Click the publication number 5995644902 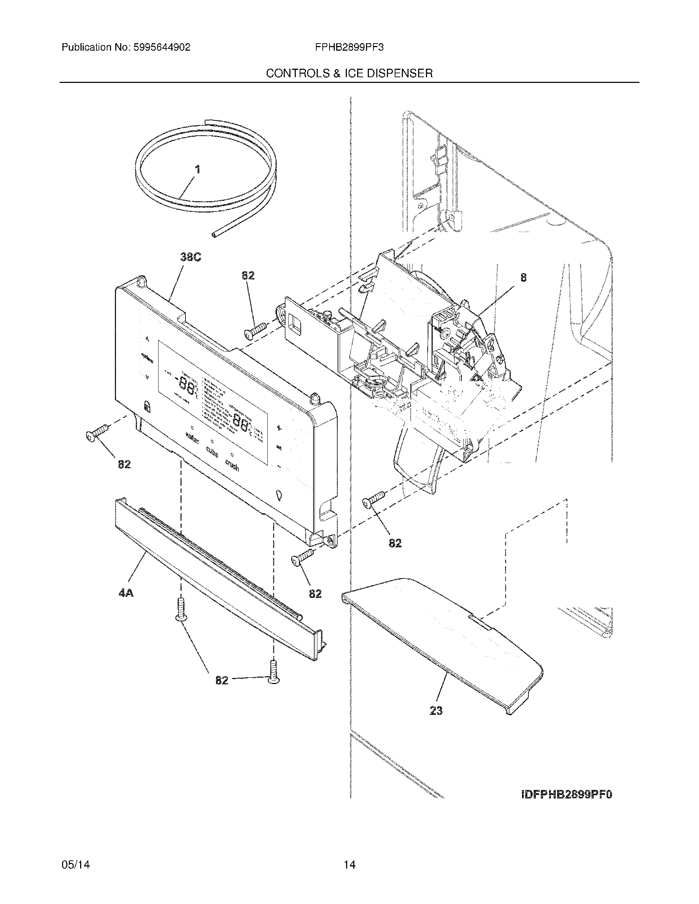[161, 47]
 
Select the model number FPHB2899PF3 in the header [349, 47]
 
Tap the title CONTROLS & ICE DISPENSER [349, 74]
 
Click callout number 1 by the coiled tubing [198, 169]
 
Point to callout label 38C [190, 258]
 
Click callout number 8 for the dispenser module [524, 278]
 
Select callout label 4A [126, 593]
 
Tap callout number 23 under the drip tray [436, 711]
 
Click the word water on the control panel [192, 438]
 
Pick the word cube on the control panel [212, 452]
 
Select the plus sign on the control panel [279, 428]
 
